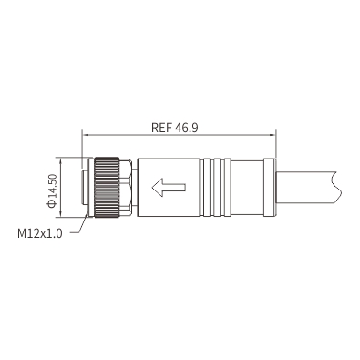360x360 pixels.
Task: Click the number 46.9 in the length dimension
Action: point(187,128)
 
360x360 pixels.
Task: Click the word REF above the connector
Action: point(162,128)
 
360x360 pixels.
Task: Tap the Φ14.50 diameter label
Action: point(52,190)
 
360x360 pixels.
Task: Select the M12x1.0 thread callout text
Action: point(40,233)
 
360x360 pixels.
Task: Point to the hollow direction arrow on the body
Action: point(169,187)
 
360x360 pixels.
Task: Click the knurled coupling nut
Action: point(107,187)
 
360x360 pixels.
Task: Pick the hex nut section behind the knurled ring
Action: point(126,187)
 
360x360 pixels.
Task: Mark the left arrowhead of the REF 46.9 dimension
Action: point(86,134)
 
